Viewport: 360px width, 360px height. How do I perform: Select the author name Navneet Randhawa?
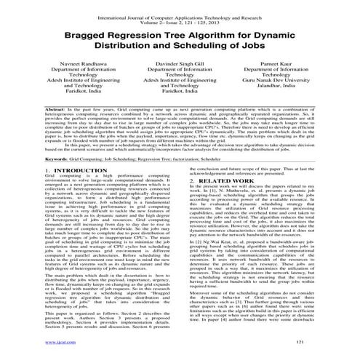point(66,63)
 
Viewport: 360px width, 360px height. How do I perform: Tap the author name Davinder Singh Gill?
point(179,63)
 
